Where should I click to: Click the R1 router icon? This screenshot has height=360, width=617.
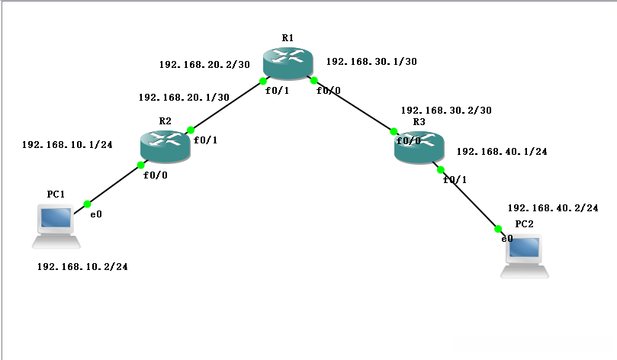pyautogui.click(x=288, y=63)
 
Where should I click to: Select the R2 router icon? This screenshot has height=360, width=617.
pyautogui.click(x=165, y=146)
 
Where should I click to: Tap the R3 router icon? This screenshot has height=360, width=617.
pyautogui.click(x=419, y=147)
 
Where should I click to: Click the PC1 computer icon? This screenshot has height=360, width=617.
pyautogui.click(x=56, y=227)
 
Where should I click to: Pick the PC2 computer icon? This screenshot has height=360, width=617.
pyautogui.click(x=525, y=256)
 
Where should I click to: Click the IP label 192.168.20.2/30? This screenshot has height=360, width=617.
pyautogui.click(x=204, y=65)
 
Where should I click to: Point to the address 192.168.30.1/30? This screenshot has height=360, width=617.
pyautogui.click(x=371, y=61)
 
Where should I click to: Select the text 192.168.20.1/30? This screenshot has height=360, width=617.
pyautogui.click(x=184, y=97)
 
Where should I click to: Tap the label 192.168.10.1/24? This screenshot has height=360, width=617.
pyautogui.click(x=67, y=145)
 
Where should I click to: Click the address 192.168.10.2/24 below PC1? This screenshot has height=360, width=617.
pyautogui.click(x=82, y=267)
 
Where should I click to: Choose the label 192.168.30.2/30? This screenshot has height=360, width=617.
pyautogui.click(x=446, y=110)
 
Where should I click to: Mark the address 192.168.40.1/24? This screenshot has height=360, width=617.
pyautogui.click(x=502, y=152)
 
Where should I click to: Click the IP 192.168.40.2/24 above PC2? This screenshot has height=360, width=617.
pyautogui.click(x=553, y=207)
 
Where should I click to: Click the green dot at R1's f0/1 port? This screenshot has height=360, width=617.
pyautogui.click(x=263, y=82)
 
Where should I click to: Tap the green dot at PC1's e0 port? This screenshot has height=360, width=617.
pyautogui.click(x=88, y=204)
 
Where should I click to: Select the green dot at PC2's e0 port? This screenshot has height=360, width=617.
pyautogui.click(x=498, y=229)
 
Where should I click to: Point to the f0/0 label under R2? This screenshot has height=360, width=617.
pyautogui.click(x=156, y=175)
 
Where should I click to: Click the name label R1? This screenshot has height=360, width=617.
pyautogui.click(x=288, y=38)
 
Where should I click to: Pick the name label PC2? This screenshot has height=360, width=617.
pyautogui.click(x=524, y=224)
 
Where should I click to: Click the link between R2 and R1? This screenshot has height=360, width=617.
pyautogui.click(x=227, y=105)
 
